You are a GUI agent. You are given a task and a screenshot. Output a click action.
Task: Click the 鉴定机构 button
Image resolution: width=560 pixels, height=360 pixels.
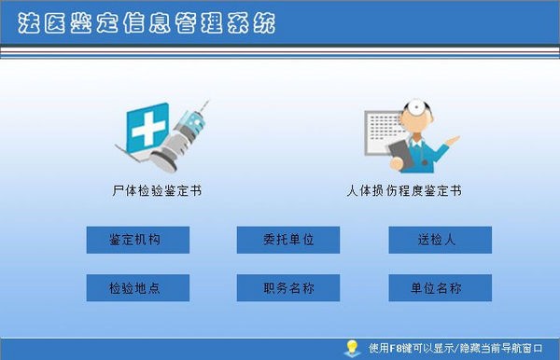tap(137, 240)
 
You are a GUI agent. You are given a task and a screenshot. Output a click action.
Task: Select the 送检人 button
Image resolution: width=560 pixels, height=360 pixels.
tap(440, 240)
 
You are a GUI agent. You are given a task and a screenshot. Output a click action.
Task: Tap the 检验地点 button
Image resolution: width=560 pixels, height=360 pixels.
tap(137, 288)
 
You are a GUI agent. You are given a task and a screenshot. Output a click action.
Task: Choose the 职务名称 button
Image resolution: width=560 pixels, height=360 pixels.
tap(288, 288)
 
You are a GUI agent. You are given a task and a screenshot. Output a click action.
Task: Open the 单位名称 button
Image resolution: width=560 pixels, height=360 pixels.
tap(440, 288)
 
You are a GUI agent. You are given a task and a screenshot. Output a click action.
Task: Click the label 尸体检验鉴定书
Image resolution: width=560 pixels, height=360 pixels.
tap(156, 191)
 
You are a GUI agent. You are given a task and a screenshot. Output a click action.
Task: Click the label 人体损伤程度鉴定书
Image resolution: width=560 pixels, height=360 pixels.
tap(404, 191)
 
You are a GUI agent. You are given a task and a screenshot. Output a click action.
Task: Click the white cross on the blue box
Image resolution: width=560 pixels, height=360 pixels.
tap(147, 131)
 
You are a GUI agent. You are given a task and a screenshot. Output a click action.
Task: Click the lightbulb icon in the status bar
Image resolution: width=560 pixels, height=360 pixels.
tap(352, 348)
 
